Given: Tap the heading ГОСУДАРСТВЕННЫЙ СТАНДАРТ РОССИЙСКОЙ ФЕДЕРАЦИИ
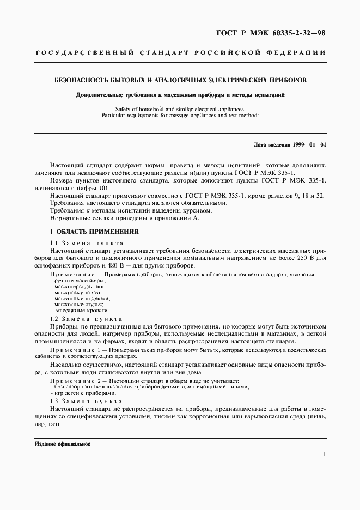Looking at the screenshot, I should coord(180,53).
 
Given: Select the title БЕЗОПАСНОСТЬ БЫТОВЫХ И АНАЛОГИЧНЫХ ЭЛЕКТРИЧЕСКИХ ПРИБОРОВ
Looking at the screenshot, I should coord(180,80).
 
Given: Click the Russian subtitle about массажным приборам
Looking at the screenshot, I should coord(180,95).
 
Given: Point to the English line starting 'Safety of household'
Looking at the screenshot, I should coord(180,109).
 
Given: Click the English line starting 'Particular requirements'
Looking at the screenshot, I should coord(180,116).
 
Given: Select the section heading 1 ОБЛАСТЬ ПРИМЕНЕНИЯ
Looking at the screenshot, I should coord(94,232).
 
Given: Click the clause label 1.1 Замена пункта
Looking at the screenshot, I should coord(87,243).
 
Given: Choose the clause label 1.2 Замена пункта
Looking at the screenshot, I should coord(87,319).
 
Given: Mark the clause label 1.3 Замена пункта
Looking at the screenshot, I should coord(87,400).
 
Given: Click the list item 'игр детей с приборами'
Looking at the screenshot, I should coord(83,393).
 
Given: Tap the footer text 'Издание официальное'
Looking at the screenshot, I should coord(63,444).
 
